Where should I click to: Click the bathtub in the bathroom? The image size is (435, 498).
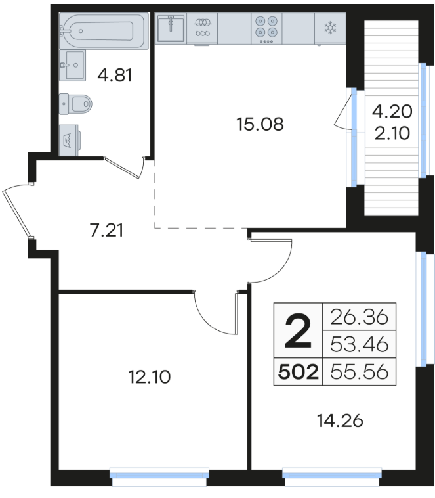[104, 31]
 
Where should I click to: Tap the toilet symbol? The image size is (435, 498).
[75, 104]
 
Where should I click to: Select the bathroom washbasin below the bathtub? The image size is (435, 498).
[72, 65]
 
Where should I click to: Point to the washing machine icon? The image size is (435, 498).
[69, 140]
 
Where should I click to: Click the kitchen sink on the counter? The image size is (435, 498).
[171, 29]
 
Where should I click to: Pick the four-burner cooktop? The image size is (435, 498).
[266, 29]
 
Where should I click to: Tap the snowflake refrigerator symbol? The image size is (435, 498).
[330, 28]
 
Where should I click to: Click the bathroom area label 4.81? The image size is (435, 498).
[115, 76]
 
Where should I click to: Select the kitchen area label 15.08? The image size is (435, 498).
[260, 124]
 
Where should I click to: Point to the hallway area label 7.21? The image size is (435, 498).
[106, 230]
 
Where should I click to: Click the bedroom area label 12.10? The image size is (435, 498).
[150, 377]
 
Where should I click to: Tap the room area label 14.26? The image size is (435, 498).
[340, 421]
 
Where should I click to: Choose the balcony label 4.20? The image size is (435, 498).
[392, 112]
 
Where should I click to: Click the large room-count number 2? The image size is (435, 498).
[298, 330]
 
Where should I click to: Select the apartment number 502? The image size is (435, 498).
[299, 372]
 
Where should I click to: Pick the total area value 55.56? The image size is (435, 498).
[359, 372]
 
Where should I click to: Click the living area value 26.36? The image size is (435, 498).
[359, 317]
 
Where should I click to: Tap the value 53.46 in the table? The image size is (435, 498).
[359, 344]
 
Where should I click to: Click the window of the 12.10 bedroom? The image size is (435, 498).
[159, 476]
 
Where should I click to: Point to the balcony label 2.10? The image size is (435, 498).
[392, 133]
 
